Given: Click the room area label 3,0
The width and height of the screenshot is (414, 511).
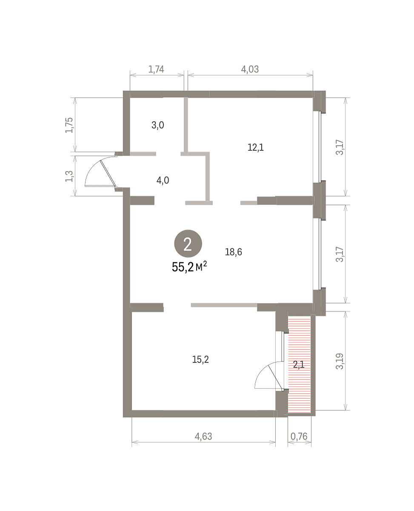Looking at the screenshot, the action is [157, 125].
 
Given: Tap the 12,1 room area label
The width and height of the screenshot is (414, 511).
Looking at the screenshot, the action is [256, 147].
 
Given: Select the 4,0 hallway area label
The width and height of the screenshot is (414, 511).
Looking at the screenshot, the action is [163, 180].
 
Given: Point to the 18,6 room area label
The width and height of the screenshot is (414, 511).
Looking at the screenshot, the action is [233, 252].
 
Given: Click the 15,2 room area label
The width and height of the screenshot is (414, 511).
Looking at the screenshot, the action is [200, 359].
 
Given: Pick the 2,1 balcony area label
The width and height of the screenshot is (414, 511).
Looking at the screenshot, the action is [299, 365].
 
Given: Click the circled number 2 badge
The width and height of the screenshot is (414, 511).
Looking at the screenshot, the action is [188, 244].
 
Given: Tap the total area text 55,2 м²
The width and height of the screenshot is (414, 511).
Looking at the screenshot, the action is [189, 267].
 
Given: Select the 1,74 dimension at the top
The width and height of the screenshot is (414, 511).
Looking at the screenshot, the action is [156, 69].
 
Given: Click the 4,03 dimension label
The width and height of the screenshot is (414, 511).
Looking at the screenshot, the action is [250, 69].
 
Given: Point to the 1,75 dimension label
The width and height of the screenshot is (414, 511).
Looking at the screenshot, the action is [69, 125].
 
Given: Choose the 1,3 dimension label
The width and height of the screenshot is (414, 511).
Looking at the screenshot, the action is [69, 176].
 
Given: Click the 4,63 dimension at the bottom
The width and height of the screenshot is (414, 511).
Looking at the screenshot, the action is [203, 436].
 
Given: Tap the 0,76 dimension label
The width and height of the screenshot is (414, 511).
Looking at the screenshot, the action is [299, 436].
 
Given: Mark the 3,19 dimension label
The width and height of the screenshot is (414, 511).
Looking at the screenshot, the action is [340, 361].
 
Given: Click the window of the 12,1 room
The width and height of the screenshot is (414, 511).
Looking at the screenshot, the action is [320, 147].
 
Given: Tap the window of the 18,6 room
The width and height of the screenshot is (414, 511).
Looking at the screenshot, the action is [320, 254].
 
